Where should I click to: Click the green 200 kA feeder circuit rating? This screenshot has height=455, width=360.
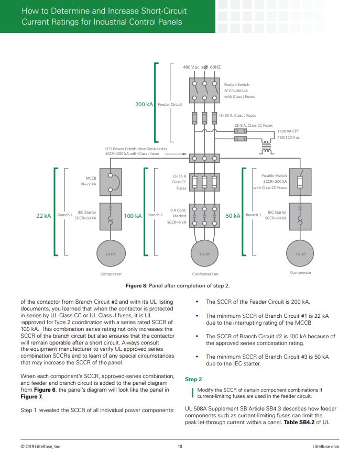(x=144, y=104)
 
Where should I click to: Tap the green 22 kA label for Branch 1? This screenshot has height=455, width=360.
(x=43, y=215)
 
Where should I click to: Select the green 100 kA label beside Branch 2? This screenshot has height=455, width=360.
(x=132, y=215)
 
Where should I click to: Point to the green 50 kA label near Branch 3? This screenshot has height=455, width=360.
(x=233, y=215)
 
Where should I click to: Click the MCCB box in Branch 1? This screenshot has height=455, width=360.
(x=111, y=182)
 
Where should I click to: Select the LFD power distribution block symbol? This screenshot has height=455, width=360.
(x=204, y=158)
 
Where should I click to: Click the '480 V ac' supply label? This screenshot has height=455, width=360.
(x=191, y=68)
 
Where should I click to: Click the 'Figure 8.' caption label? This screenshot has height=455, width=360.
(x=137, y=286)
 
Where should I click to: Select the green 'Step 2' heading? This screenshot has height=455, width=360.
(x=193, y=379)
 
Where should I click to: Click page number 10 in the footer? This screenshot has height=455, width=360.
(x=180, y=447)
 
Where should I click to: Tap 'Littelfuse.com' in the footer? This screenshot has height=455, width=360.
(x=325, y=447)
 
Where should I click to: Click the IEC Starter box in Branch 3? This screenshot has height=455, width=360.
(x=300, y=216)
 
